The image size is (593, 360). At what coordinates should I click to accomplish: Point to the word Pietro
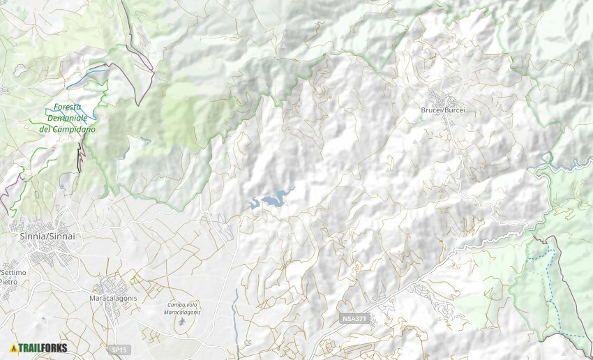tap(8, 281)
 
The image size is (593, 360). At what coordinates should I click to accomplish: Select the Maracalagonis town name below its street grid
tap(113, 298)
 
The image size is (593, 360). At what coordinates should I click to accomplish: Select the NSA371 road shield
tap(355, 319)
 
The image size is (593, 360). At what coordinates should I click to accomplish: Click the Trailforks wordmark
tap(43, 347)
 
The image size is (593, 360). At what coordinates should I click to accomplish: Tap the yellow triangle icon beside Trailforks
tap(14, 347)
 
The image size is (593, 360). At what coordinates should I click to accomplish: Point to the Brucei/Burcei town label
tap(443, 110)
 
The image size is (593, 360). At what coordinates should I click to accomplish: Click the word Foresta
tap(67, 107)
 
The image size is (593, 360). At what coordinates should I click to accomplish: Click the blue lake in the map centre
tap(272, 200)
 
